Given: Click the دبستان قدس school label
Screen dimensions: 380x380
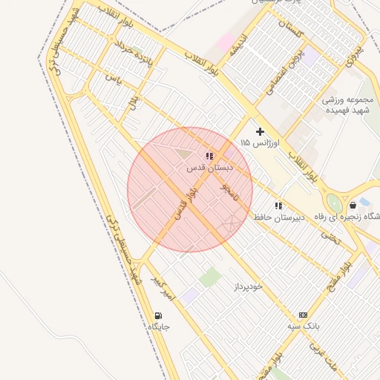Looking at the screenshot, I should point(209,168).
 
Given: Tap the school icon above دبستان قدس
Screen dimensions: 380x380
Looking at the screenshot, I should point(209,156).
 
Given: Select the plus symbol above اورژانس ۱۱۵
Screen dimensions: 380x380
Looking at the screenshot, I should point(260,131).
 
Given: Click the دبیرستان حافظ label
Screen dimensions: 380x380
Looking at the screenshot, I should point(276,217).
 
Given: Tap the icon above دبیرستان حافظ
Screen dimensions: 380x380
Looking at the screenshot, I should point(278,206).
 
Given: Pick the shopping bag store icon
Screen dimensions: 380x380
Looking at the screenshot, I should point(353,205).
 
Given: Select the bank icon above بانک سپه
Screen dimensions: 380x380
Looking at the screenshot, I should point(303,315).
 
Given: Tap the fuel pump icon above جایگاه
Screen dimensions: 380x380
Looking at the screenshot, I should point(158,315).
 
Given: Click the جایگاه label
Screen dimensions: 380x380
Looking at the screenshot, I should point(159,327).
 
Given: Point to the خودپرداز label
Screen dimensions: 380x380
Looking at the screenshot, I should point(249,286).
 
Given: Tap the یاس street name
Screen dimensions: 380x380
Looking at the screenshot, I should point(112,79).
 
